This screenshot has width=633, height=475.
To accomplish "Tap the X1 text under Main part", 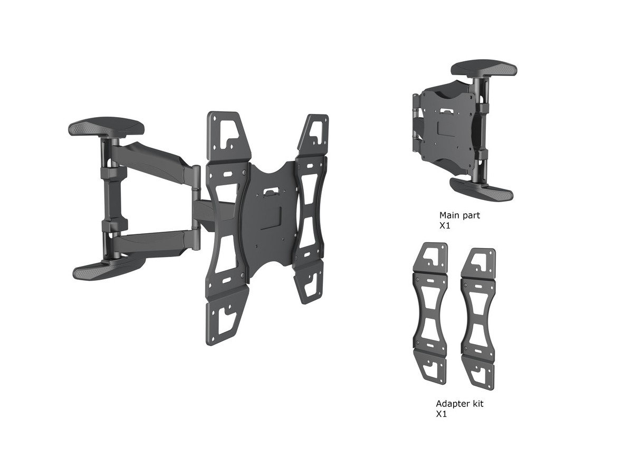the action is point(445,225).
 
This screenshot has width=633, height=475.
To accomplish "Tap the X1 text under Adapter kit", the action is point(442,414).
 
